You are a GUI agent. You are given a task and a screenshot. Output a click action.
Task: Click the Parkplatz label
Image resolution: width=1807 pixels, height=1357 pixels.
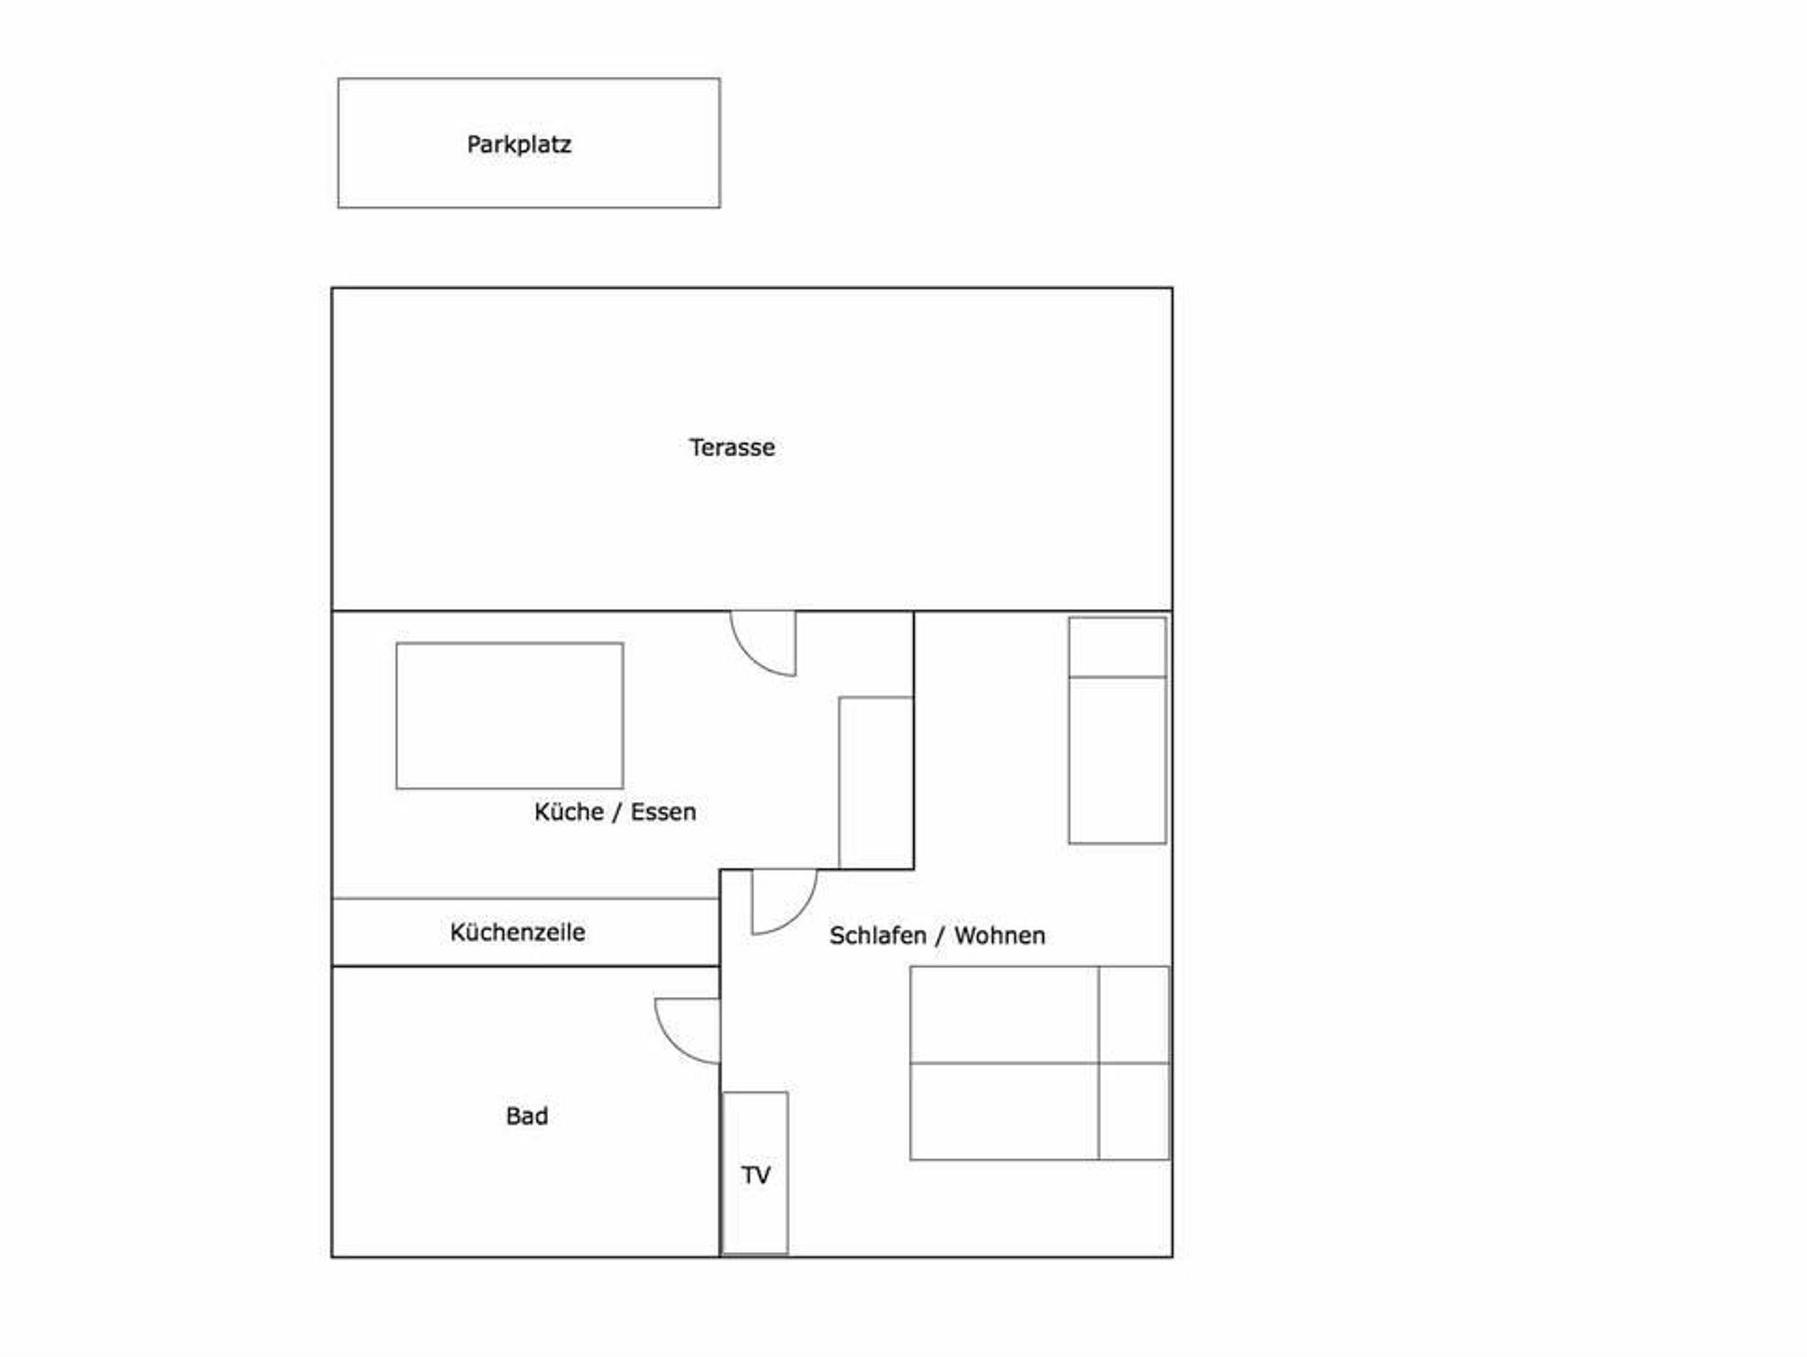(519, 145)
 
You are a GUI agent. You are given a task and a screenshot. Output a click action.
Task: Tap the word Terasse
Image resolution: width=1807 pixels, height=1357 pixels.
(732, 447)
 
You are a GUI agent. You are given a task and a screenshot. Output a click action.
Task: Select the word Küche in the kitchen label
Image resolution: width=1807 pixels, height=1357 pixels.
(569, 812)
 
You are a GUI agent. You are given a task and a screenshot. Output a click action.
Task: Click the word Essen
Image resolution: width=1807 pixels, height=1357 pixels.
(664, 812)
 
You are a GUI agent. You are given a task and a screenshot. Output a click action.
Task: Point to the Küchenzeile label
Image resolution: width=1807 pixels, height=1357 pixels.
(517, 932)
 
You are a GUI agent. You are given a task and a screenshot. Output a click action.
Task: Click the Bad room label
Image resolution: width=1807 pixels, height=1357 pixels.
(527, 1116)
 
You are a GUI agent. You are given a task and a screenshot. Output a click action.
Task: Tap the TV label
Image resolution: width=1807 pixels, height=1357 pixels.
(755, 1175)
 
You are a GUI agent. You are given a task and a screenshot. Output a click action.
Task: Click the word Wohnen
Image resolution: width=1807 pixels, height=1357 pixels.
(1000, 935)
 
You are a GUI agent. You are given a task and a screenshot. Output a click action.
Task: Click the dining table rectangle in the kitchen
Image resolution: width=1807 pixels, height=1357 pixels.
(510, 716)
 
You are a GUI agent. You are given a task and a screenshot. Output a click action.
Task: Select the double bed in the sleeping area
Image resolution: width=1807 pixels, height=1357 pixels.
(1039, 1062)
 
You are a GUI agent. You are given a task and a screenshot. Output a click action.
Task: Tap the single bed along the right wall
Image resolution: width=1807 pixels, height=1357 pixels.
(1117, 731)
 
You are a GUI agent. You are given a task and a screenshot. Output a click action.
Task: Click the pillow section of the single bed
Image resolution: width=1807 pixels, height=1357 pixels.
(1117, 647)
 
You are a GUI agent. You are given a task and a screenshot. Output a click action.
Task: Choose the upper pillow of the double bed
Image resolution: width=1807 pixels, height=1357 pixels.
(1134, 1015)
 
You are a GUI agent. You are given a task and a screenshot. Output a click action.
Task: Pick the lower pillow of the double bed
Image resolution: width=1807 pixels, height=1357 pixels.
(1134, 1111)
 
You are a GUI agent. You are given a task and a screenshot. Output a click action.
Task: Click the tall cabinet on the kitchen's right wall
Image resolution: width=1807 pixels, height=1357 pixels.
(876, 783)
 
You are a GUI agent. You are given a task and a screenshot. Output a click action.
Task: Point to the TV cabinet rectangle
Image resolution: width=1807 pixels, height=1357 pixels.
(755, 1173)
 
